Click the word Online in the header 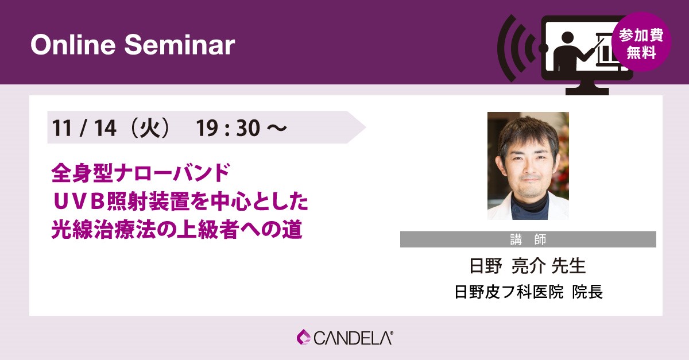tap(73, 45)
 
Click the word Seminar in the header tap(180, 45)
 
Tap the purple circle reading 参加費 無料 tap(641, 42)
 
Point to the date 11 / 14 tap(84, 127)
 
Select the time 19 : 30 tap(228, 127)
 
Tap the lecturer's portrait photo tap(528, 165)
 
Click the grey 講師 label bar tap(528, 239)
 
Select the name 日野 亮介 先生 tap(528, 265)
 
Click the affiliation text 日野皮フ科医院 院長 tap(528, 292)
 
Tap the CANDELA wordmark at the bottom tap(354, 338)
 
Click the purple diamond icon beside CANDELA tap(304, 337)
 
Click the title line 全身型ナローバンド tap(141, 173)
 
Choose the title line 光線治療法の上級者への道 tap(177, 230)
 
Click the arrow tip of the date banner tap(365, 127)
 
